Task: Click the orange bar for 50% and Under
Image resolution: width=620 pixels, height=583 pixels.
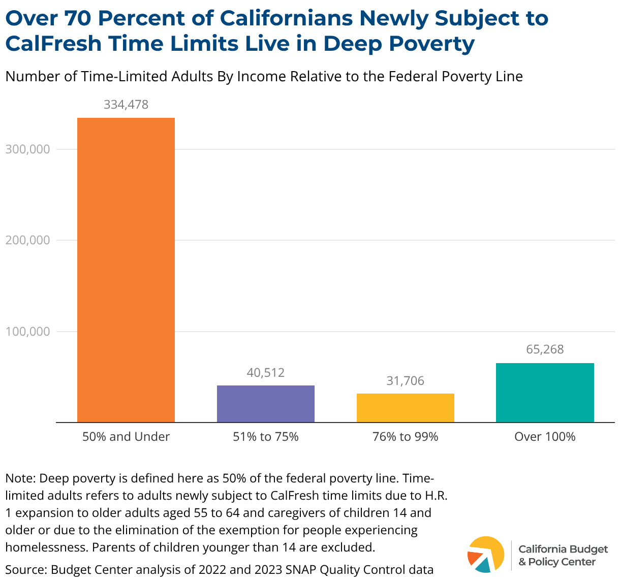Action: [x=126, y=270]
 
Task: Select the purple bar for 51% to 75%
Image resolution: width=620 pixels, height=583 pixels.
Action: [x=266, y=404]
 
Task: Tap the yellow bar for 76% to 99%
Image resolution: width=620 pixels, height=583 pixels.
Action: [x=405, y=408]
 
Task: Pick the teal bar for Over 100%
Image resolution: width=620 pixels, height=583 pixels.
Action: [x=545, y=393]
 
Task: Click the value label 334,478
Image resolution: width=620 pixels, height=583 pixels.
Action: [x=126, y=105]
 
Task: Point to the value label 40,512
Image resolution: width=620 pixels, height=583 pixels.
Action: [x=266, y=373]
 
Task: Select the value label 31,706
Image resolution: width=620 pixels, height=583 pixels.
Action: [x=405, y=381]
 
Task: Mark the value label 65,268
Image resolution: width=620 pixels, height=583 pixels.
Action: [x=545, y=349]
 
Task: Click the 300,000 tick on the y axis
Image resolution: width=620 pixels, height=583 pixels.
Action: [x=28, y=149]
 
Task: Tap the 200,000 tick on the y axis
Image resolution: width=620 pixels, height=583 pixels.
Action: [x=28, y=240]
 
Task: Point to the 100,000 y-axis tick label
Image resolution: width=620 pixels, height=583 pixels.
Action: [x=28, y=332]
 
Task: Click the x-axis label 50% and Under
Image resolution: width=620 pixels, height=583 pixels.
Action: [x=126, y=437]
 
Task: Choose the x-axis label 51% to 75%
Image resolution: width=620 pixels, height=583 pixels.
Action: [x=266, y=437]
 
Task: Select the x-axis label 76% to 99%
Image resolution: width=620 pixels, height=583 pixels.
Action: [x=405, y=437]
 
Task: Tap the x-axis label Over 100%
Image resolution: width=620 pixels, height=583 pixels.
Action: [x=545, y=437]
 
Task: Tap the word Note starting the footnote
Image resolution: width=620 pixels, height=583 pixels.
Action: [x=19, y=478]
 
